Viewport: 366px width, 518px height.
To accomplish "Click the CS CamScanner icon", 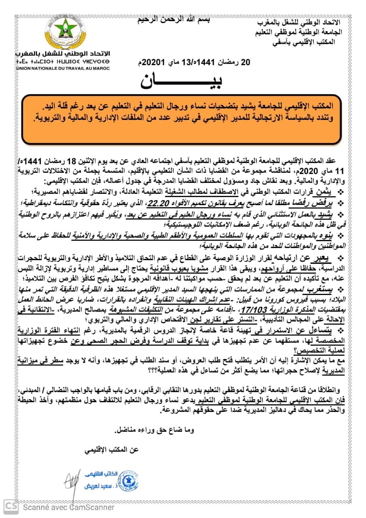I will click(x=11, y=507).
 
